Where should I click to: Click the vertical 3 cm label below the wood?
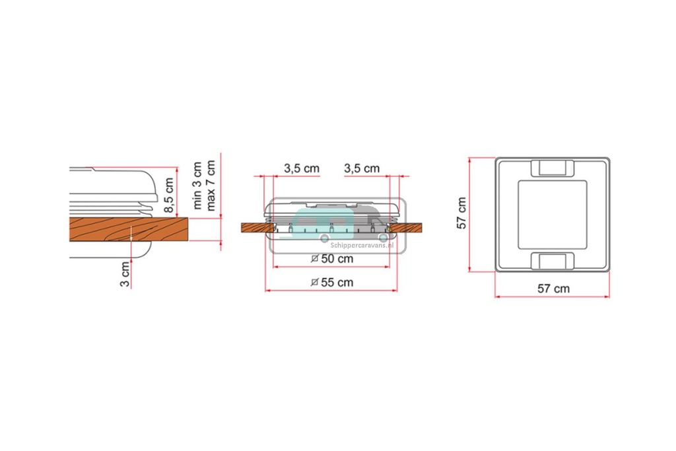pos(125,274)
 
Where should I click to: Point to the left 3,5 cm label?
pos(302,168)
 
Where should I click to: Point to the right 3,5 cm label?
pos(362,168)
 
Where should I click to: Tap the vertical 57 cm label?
pos(462,213)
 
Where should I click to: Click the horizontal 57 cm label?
pos(553,289)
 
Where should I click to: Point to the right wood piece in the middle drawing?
pos(407,228)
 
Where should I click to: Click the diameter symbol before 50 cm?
pos(314,258)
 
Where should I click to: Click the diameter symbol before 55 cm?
pos(314,283)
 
